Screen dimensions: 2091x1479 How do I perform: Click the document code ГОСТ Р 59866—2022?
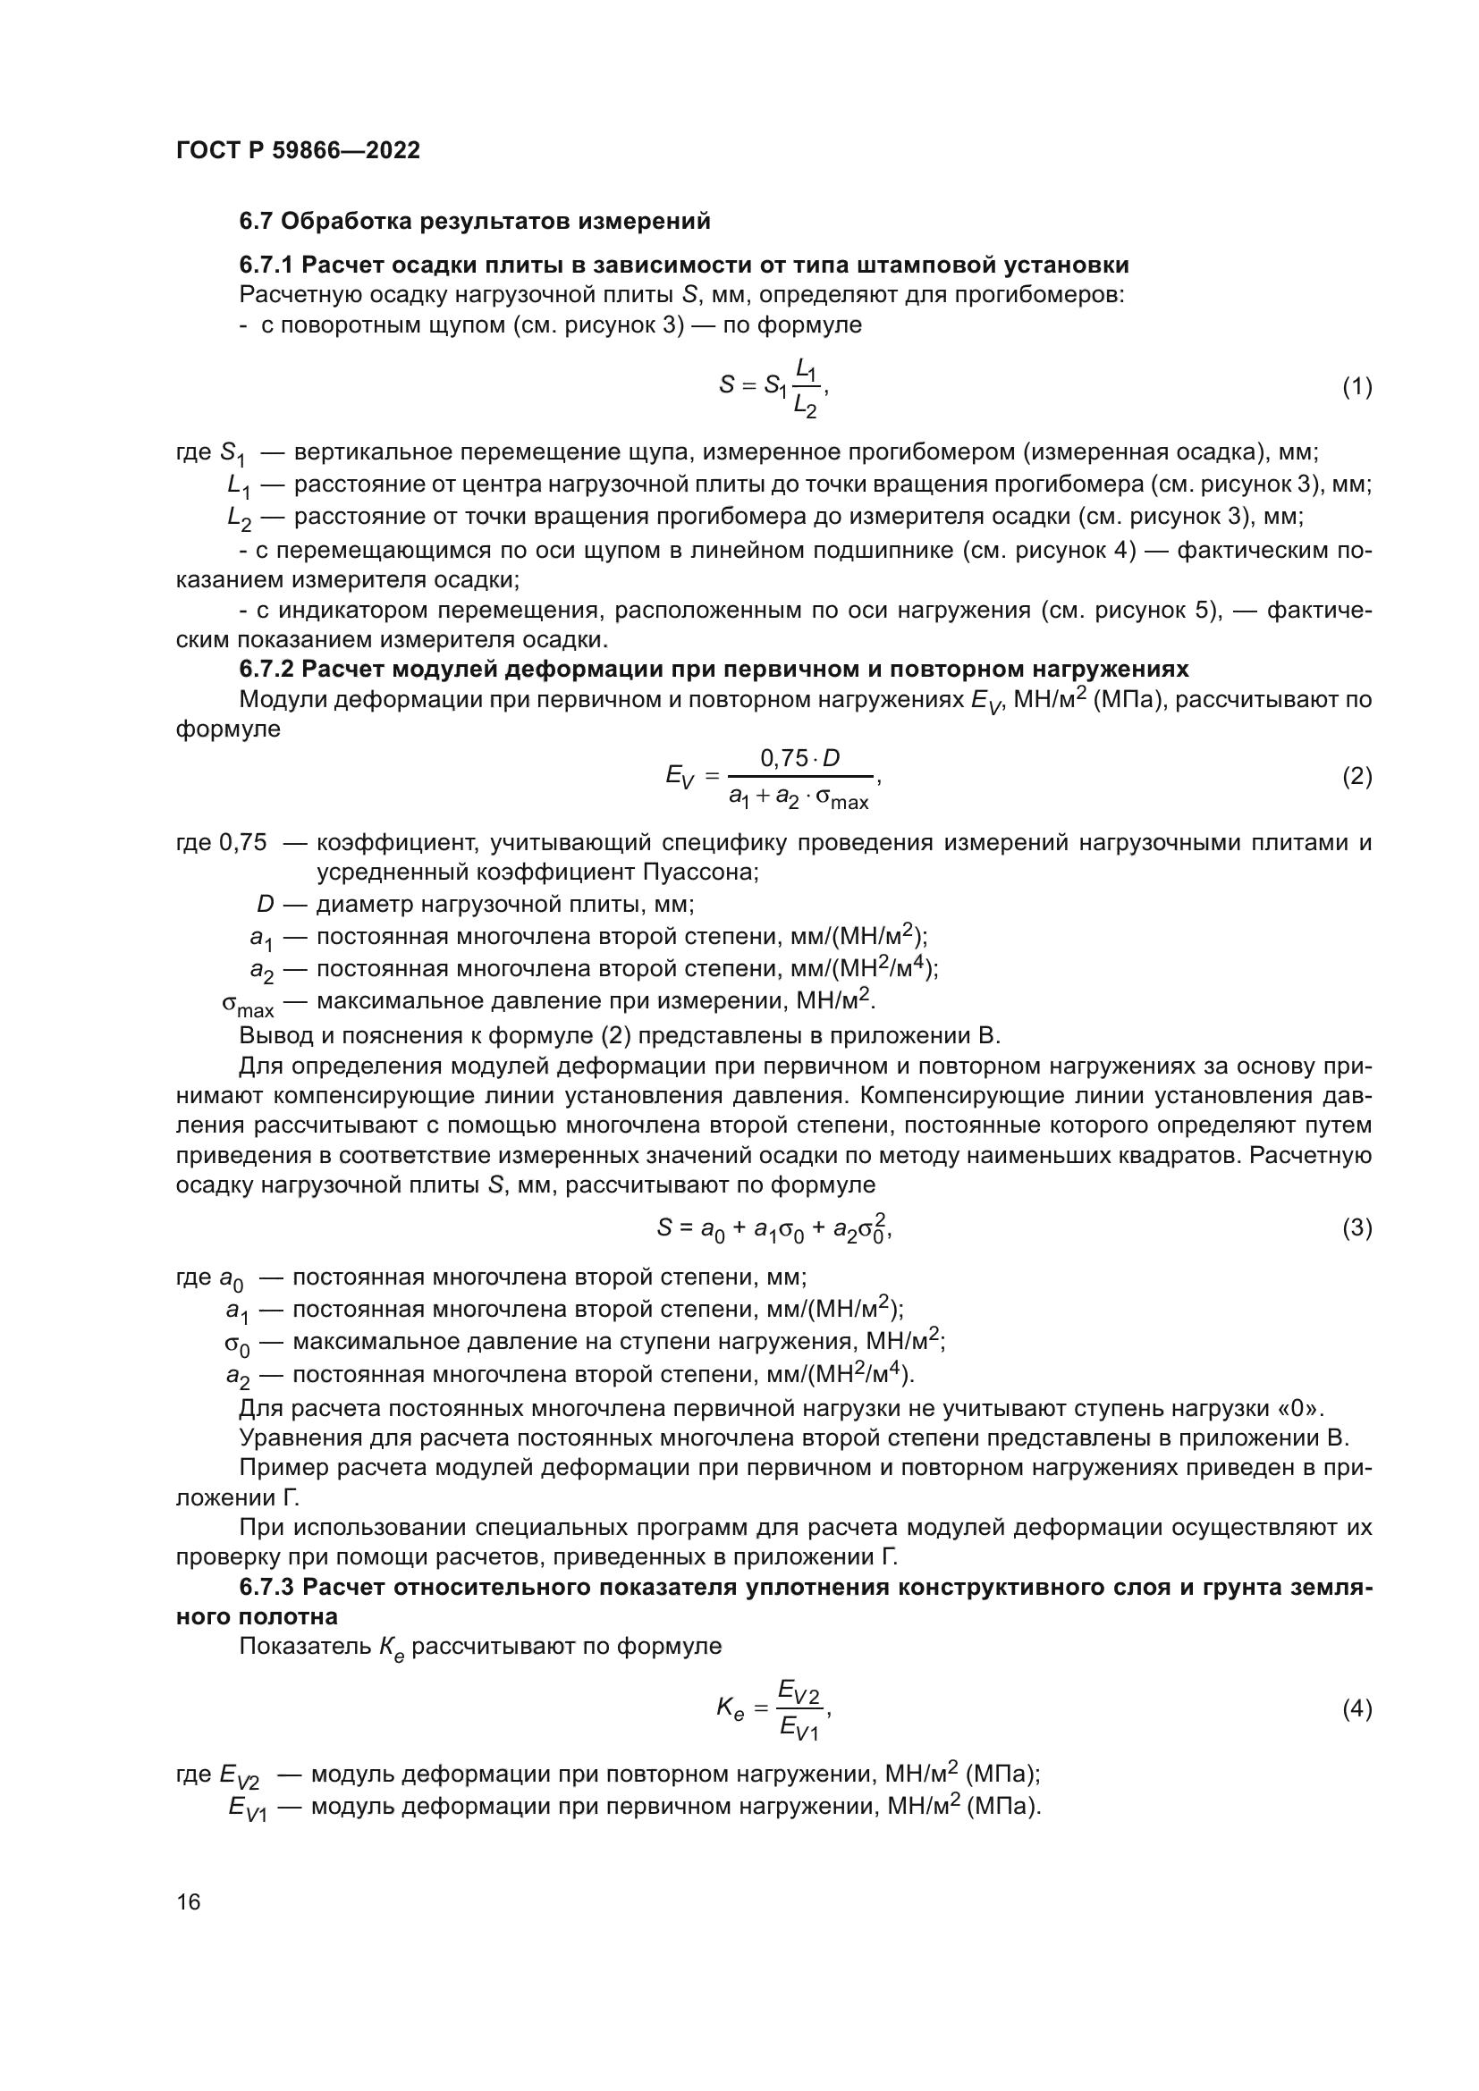pos(298,151)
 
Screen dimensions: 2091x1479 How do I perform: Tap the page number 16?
pos(189,1901)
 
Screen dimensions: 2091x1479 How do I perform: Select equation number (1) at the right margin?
pos(1357,387)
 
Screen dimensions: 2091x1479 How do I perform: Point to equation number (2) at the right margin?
pos(1357,777)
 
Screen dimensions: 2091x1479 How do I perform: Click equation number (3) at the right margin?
pos(1357,1228)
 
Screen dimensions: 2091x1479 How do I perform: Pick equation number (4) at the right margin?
pos(1357,1709)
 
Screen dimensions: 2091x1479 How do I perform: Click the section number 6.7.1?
pos(266,265)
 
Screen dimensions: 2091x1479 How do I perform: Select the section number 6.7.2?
pos(266,670)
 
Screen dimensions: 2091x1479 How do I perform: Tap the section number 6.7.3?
pos(266,1588)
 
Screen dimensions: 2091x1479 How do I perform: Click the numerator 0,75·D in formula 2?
pos(799,758)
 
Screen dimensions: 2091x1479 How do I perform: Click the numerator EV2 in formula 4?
pos(799,1693)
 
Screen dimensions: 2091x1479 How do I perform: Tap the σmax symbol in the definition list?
pos(247,1006)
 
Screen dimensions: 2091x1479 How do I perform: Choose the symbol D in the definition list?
pos(265,905)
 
